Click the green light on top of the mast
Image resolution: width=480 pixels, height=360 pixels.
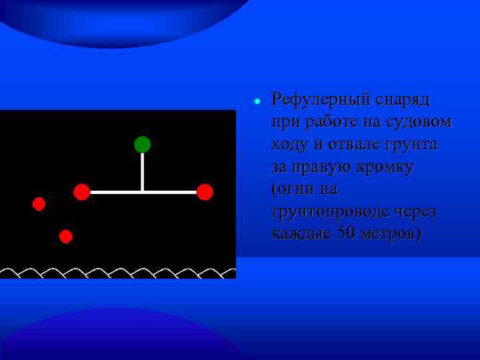click(x=142, y=144)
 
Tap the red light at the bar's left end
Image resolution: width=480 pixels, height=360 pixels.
click(x=81, y=192)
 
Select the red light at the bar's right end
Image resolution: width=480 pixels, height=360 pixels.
click(x=205, y=192)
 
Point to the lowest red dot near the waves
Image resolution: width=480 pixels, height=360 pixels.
click(x=65, y=236)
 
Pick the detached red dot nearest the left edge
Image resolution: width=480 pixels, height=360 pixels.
click(x=39, y=203)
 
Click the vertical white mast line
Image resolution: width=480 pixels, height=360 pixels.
click(x=142, y=171)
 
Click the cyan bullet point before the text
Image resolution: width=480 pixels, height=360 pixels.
click(x=257, y=101)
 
